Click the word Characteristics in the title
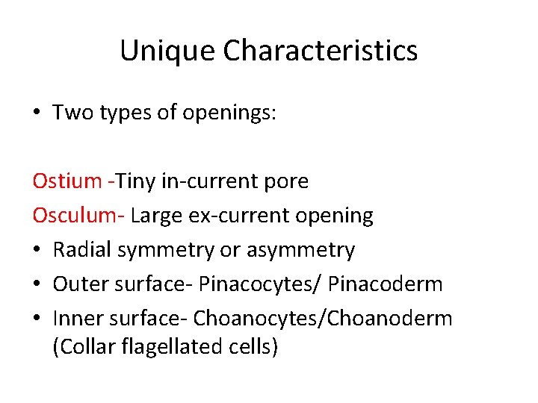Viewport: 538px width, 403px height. (320, 51)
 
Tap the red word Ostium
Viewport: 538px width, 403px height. (67, 181)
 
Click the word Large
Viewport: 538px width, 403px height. (155, 215)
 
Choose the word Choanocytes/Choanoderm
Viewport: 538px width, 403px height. (323, 318)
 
